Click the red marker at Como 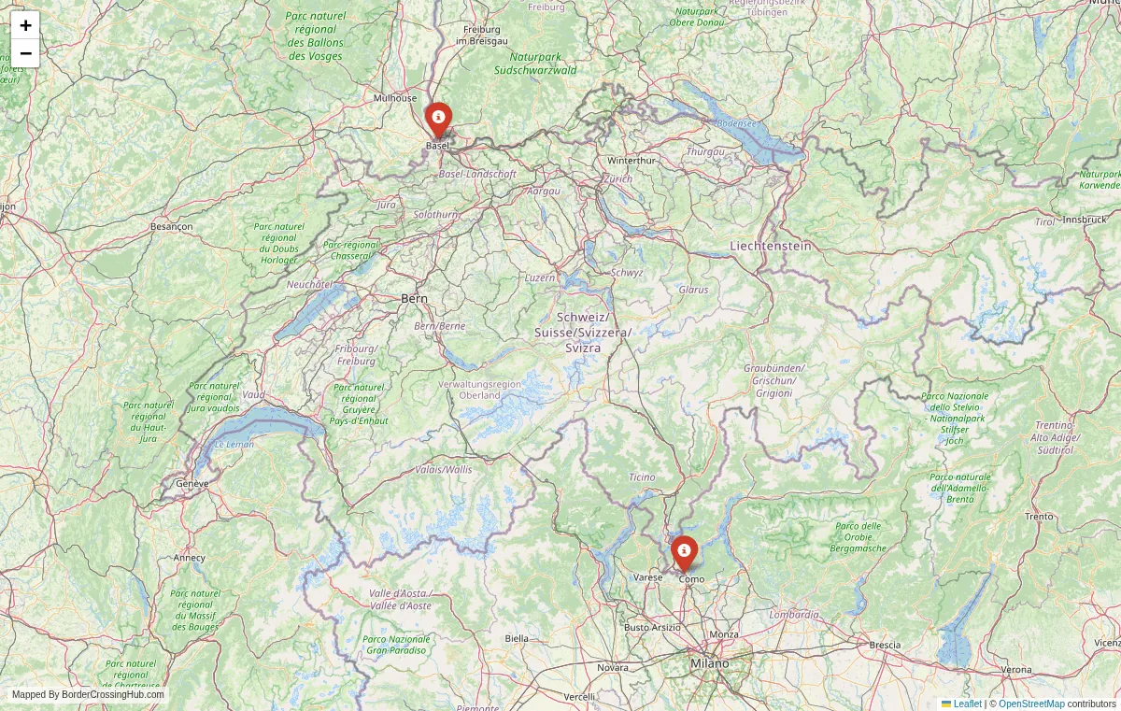tap(684, 552)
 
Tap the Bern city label tap(414, 298)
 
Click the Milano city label tap(710, 663)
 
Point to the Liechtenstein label tap(770, 246)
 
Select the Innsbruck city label tap(1085, 220)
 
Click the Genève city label tap(192, 484)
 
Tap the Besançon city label tap(171, 226)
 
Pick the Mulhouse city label tap(395, 98)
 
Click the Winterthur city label tap(631, 161)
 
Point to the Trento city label tap(1039, 517)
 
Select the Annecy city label tap(189, 558)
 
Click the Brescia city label tap(885, 645)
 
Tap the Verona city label tap(1016, 670)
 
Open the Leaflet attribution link tap(967, 704)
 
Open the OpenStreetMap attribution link tap(1031, 704)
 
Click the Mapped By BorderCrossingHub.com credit tap(88, 694)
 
